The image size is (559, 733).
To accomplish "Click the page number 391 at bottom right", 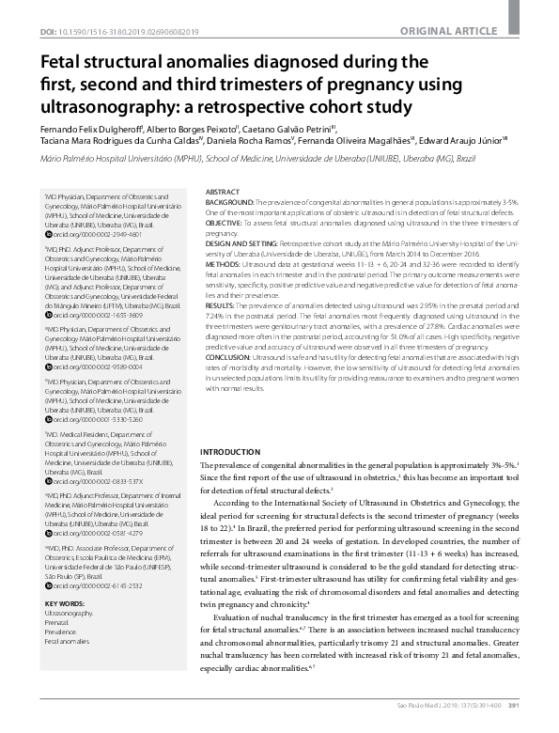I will (x=540, y=725).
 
